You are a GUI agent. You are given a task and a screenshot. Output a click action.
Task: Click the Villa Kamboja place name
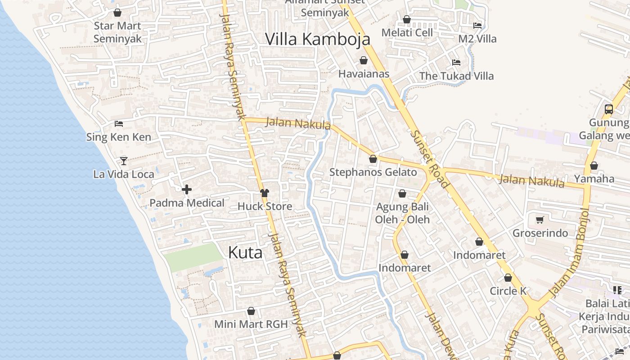click(x=317, y=39)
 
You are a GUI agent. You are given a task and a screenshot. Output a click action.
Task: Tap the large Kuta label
click(x=245, y=252)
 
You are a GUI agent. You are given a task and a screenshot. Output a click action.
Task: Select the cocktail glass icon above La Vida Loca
click(x=124, y=161)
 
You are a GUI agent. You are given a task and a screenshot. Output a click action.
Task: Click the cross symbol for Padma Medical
click(x=186, y=189)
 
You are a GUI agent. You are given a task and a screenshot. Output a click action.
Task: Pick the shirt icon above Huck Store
click(x=264, y=193)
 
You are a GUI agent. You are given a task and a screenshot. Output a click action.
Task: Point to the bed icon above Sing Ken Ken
click(x=119, y=124)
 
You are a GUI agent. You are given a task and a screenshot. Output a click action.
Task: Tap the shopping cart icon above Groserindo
click(x=540, y=220)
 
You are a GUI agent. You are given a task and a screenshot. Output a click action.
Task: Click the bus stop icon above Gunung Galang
click(x=608, y=109)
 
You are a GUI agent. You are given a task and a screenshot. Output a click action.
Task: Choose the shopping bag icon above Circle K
click(x=508, y=278)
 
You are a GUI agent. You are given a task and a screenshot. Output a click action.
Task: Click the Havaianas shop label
click(x=364, y=74)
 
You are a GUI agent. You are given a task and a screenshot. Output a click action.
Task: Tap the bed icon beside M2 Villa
click(x=477, y=26)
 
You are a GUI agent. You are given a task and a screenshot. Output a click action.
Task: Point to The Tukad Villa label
click(x=456, y=76)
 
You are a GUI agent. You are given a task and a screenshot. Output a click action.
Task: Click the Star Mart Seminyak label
click(x=117, y=32)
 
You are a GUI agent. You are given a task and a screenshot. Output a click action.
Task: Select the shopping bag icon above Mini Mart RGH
click(x=251, y=311)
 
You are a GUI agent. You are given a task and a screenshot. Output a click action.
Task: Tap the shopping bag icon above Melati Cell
click(x=407, y=19)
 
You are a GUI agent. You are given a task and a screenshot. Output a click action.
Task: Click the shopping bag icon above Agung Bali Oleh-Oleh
click(x=402, y=194)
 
